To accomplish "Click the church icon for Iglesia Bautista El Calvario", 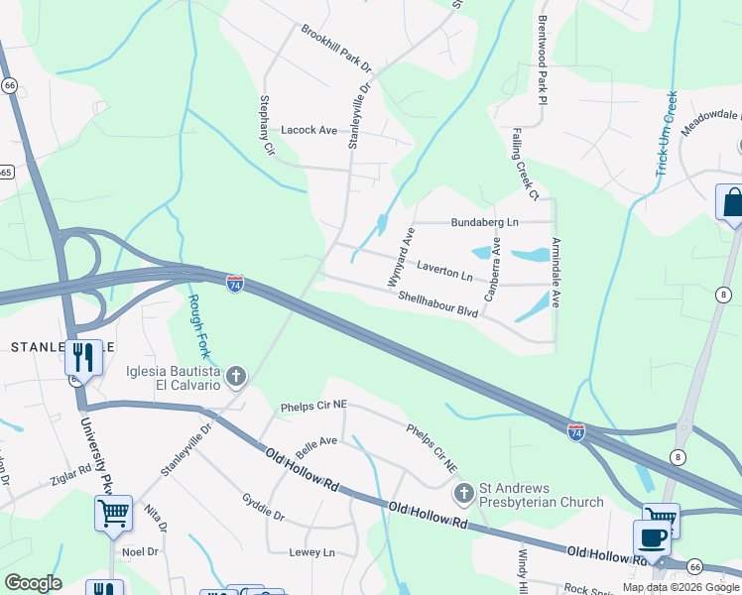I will pyautogui.click(x=235, y=376).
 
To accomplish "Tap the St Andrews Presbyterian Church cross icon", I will pyautogui.click(x=462, y=493).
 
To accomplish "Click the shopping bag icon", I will pyautogui.click(x=733, y=202).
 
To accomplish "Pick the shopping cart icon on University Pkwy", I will pyautogui.click(x=113, y=514).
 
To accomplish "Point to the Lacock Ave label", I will pyautogui.click(x=309, y=130).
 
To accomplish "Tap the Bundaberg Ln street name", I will pyautogui.click(x=484, y=222).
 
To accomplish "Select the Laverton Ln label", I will pyautogui.click(x=444, y=269).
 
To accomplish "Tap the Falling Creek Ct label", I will pyautogui.click(x=525, y=164).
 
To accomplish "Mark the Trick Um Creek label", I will pyautogui.click(x=666, y=135).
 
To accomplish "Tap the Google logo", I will pyautogui.click(x=33, y=582).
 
